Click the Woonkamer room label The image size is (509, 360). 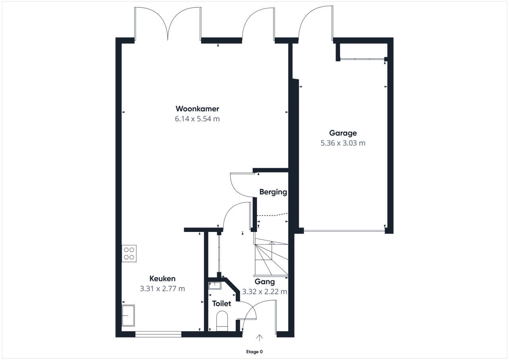[197, 109]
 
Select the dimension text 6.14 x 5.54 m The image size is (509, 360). [197, 119]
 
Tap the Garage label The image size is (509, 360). [343, 133]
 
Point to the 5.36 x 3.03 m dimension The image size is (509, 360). [343, 143]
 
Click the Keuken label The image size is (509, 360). [163, 278]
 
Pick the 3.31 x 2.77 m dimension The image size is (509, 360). [163, 289]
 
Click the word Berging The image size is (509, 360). [273, 192]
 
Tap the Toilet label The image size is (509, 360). [221, 304]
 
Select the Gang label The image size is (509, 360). [264, 282]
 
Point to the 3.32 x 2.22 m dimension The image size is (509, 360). [264, 292]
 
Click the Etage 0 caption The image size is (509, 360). [254, 352]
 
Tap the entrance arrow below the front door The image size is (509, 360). [259, 338]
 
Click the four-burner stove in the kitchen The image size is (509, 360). [129, 253]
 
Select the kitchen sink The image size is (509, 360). [128, 315]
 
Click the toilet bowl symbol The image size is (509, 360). [222, 321]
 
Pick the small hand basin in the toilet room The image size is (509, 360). [215, 286]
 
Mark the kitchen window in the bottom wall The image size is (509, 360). [158, 334]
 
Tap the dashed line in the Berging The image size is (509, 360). [272, 214]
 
